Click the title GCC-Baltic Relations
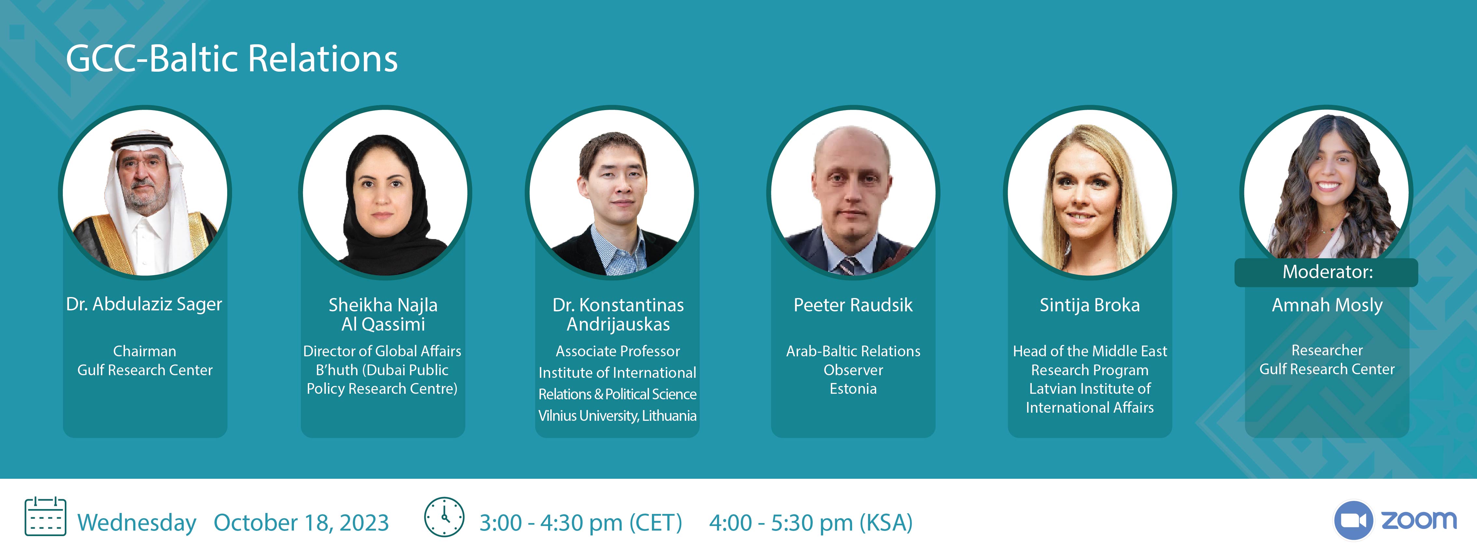pos(232,59)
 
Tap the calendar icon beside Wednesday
pos(45,517)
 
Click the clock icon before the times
pos(444,517)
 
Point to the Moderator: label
pos(1327,272)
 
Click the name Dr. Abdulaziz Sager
pos(144,304)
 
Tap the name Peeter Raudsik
pos(853,305)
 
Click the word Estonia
pos(853,389)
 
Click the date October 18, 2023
pos(301,522)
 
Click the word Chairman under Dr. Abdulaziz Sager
pos(145,351)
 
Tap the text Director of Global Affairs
pos(382,351)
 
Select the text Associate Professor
pos(617,351)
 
